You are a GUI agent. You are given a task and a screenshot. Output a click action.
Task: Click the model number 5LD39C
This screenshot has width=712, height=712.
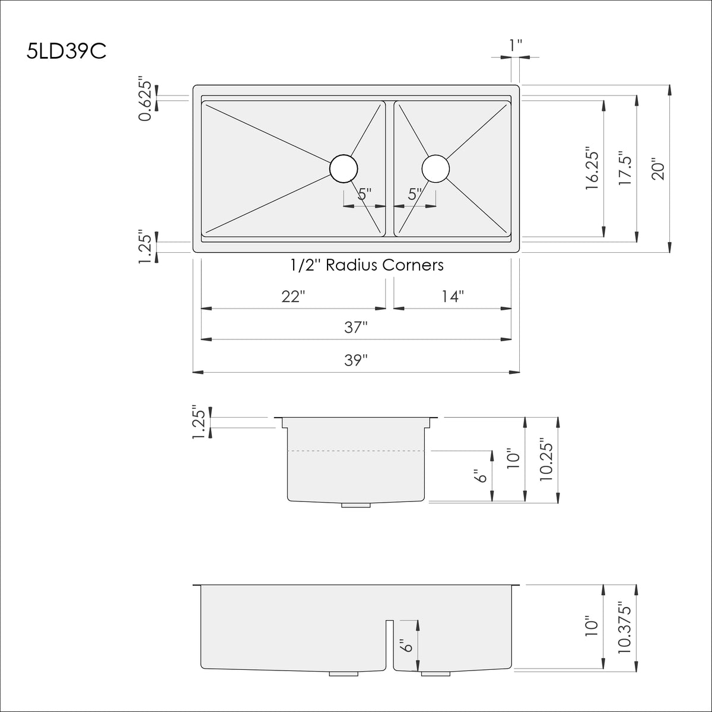[66, 52]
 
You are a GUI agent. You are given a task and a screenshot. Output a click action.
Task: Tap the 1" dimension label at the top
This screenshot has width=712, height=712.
[516, 45]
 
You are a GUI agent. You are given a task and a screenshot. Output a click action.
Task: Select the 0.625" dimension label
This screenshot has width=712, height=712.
[146, 98]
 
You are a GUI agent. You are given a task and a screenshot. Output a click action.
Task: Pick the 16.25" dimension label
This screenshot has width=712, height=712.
[592, 169]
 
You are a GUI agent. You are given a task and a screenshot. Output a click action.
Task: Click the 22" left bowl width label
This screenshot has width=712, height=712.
[293, 297]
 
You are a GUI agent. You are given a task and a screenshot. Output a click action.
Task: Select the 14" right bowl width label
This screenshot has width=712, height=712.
[452, 297]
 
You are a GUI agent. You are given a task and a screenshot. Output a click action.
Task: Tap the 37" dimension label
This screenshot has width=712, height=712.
[355, 328]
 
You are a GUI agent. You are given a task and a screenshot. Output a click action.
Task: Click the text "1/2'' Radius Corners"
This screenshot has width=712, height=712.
[367, 265]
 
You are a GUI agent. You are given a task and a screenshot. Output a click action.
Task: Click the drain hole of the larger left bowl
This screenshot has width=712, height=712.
[344, 168]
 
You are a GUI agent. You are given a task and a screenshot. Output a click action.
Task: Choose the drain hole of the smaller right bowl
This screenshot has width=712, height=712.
[436, 168]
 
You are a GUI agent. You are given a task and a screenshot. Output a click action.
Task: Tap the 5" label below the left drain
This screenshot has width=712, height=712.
[364, 194]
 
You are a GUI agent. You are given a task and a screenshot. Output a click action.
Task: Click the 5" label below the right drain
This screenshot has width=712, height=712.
[415, 194]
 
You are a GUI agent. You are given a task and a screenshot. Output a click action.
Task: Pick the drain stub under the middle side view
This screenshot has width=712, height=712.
[356, 505]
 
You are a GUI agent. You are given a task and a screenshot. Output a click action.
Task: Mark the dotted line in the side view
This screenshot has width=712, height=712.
[356, 451]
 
